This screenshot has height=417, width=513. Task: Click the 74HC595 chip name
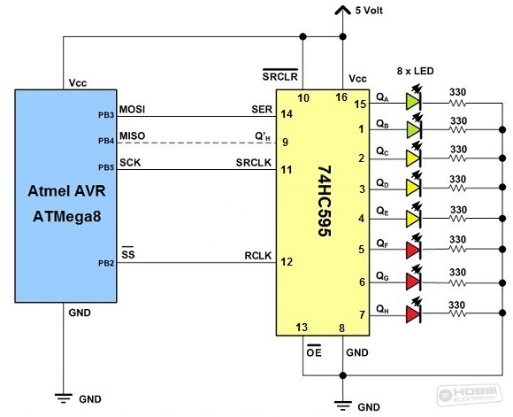(325, 201)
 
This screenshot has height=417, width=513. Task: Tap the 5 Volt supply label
(369, 11)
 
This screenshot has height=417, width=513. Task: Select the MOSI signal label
(132, 109)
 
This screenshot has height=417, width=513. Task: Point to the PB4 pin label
(106, 141)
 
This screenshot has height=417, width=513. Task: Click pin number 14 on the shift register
(287, 114)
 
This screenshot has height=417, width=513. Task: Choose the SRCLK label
(254, 163)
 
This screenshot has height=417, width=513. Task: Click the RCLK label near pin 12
(258, 256)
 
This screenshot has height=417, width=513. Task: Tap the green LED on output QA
(414, 101)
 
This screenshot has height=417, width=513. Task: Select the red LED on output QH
(414, 313)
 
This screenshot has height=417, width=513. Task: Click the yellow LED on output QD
(414, 188)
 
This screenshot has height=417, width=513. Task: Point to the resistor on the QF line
(457, 250)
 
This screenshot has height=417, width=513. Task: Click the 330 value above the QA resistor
(457, 92)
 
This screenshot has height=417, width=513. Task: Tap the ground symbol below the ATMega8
(64, 398)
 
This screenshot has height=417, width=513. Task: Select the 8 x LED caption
(415, 71)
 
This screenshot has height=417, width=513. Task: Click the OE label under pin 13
(314, 351)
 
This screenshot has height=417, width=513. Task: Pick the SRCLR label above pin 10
(280, 75)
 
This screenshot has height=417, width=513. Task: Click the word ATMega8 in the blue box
(66, 217)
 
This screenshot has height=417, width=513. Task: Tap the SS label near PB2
(128, 253)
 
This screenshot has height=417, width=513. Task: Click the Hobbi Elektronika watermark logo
(471, 394)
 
